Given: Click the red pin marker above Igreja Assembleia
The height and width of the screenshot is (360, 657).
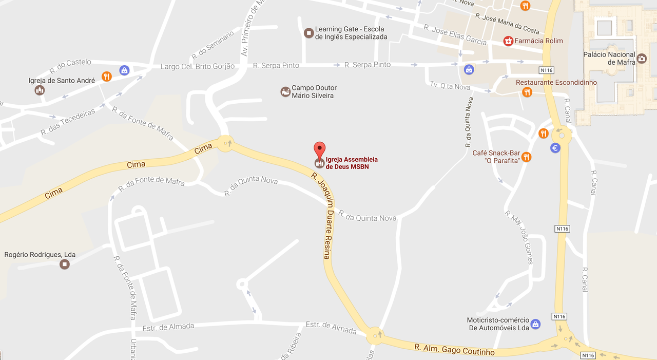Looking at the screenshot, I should click(319, 149).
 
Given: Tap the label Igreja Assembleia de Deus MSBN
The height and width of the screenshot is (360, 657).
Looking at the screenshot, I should click(352, 163).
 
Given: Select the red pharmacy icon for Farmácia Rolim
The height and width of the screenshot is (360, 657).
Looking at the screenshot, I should click(508, 41).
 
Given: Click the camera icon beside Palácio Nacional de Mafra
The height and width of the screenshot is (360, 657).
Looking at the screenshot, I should click(642, 59).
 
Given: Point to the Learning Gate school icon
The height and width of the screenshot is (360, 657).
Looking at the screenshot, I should click(308, 33).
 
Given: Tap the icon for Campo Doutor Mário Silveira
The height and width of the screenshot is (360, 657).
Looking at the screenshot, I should click(285, 92).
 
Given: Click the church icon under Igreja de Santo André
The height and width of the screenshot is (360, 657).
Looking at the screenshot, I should click(40, 90).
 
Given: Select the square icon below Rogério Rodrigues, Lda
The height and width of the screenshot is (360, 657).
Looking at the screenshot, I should click(65, 264).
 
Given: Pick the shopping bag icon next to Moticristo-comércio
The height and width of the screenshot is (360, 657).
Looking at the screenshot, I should click(535, 324).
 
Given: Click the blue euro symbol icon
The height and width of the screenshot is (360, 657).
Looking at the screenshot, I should click(555, 148).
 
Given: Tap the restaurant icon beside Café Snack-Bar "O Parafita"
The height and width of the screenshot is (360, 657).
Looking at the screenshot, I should click(526, 157).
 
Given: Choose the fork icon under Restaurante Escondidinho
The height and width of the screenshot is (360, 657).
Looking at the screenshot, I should click(527, 92).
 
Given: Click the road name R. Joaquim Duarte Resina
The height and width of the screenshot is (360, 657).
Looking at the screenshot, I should click(324, 215).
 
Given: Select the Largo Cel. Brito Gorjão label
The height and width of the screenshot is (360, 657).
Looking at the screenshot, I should click(198, 66).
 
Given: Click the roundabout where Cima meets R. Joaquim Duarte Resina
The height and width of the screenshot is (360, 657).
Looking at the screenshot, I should click(225, 143).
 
